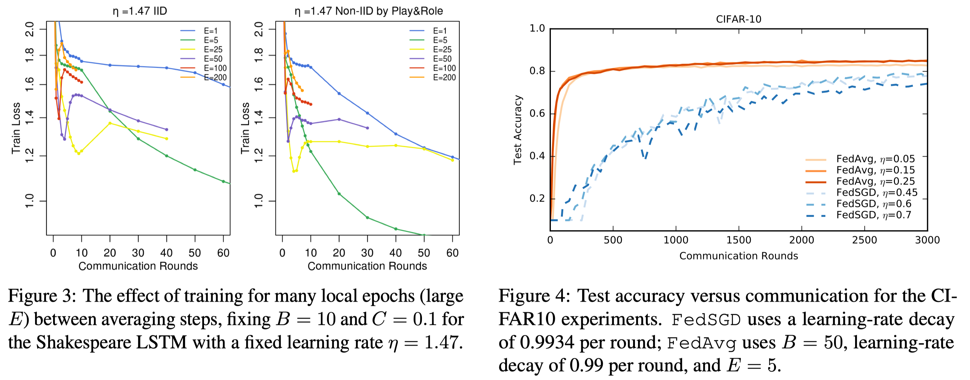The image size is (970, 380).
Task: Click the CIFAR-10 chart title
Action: click(x=738, y=19)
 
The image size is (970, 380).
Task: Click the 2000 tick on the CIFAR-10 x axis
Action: click(x=801, y=240)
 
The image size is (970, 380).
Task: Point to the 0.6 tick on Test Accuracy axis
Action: click(x=537, y=113)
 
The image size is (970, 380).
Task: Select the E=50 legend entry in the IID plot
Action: click(x=213, y=59)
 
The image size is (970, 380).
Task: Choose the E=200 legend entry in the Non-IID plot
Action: click(x=444, y=78)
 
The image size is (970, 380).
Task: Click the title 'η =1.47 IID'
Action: click(x=140, y=11)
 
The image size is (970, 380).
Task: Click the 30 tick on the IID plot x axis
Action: click(x=138, y=253)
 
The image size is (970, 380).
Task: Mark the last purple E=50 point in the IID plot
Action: click(x=167, y=129)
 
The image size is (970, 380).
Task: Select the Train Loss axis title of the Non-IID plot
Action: click(x=245, y=128)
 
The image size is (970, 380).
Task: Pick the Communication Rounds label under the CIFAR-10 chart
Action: click(x=738, y=256)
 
